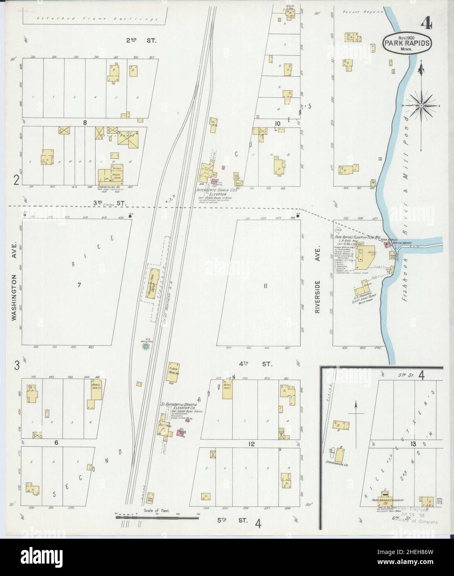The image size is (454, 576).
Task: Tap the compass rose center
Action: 421,106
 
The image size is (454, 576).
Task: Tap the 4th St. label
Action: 261,364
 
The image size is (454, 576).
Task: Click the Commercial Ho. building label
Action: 107,187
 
